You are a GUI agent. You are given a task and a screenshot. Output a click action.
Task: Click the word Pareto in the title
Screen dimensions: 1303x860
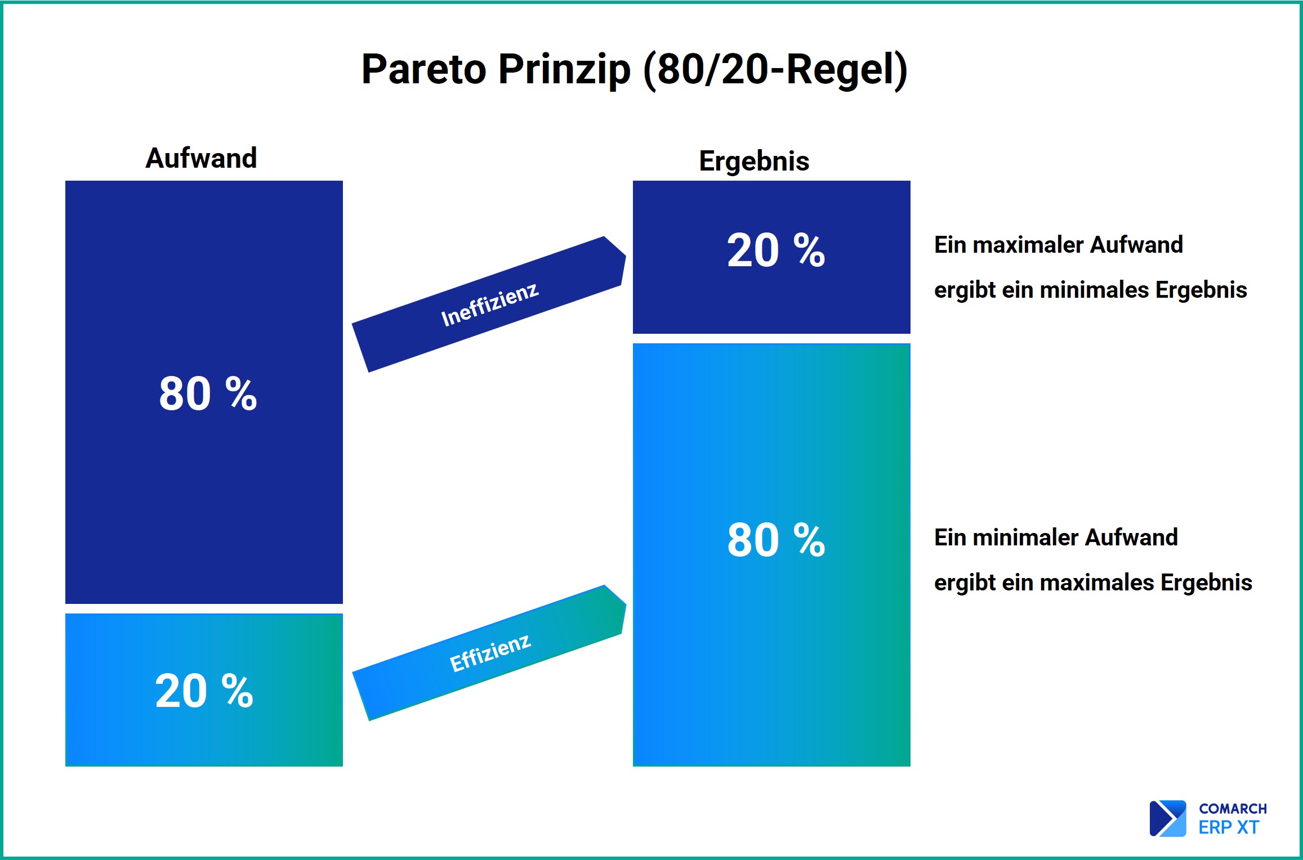[x=423, y=69]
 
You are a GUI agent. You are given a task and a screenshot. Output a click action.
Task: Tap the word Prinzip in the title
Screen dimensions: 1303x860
[x=564, y=70]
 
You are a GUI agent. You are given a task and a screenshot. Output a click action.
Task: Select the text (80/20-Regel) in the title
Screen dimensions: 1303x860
[x=775, y=70]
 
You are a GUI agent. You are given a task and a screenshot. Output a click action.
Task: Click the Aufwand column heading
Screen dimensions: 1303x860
[x=201, y=158]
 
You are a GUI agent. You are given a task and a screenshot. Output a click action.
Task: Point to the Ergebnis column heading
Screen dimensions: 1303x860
[x=754, y=161]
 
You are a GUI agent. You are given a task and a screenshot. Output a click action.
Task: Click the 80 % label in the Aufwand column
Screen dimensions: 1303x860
[x=208, y=393]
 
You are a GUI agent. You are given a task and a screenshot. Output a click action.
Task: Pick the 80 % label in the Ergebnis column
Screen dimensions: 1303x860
[x=776, y=540]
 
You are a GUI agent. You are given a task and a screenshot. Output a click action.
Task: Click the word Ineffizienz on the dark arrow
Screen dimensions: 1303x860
[x=489, y=304]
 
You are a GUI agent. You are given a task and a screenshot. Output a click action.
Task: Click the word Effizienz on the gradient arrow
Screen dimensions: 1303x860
[x=490, y=653]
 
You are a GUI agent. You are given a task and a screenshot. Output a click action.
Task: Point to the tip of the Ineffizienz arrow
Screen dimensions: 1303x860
[x=626, y=257]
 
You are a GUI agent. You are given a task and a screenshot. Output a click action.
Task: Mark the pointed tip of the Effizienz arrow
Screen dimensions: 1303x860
[x=626, y=606]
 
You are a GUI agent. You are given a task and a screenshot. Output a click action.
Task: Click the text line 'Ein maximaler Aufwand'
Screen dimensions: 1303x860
[x=1059, y=245]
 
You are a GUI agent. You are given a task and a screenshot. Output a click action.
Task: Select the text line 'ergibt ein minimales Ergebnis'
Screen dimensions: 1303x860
[x=1091, y=290]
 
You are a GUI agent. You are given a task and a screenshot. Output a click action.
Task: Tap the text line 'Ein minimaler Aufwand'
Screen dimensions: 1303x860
[x=1056, y=537]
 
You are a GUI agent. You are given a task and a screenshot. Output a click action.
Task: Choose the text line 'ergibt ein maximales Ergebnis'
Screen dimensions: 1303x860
[x=1093, y=583]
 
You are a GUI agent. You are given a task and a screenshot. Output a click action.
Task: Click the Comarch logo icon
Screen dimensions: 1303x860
[x=1167, y=818]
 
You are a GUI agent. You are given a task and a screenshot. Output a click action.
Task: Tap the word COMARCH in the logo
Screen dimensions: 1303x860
[x=1233, y=809]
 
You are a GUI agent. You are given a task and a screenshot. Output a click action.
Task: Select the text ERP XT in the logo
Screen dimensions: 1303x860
[x=1229, y=827]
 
